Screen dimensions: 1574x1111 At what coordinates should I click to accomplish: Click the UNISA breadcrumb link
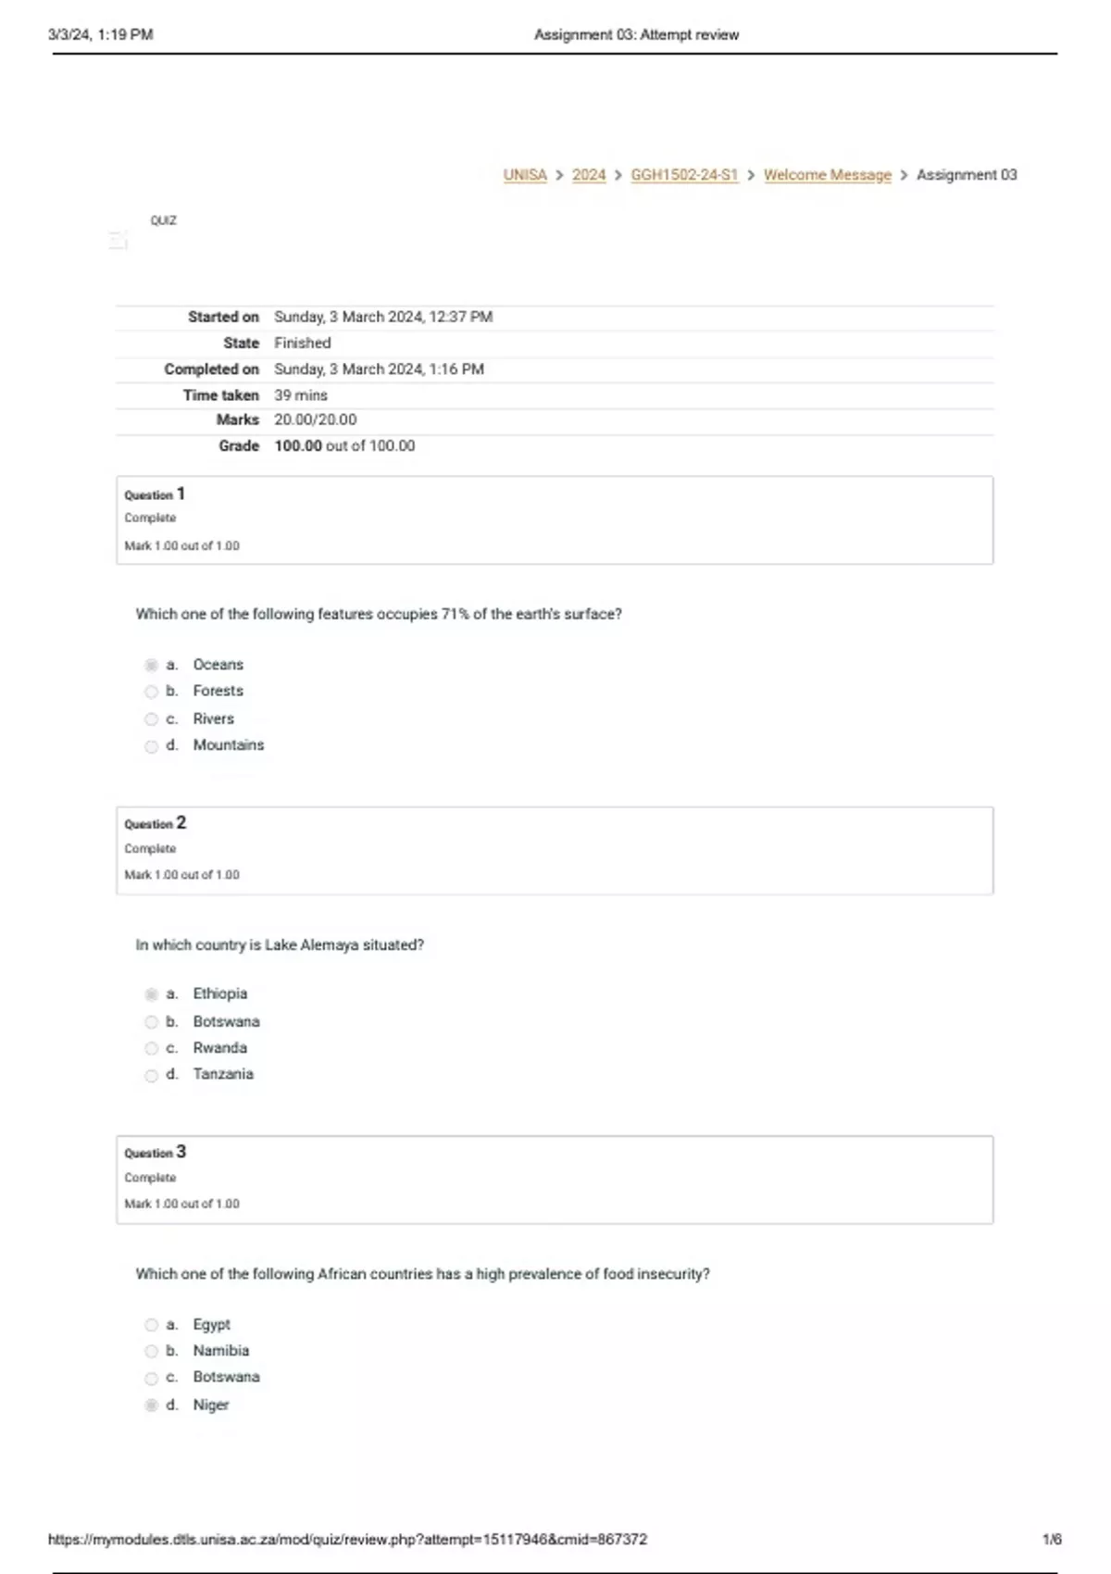525,175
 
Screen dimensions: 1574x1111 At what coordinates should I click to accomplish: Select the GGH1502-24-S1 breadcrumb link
684,175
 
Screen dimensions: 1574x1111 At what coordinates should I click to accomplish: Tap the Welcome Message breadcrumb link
827,175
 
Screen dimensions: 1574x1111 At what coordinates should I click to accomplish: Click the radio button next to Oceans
152,665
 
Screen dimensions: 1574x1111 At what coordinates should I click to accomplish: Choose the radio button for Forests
152,692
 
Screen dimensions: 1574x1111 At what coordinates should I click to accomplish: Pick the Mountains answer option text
228,745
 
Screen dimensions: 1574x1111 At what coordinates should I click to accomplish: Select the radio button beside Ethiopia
152,994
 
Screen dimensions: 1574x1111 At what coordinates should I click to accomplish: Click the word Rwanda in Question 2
219,1048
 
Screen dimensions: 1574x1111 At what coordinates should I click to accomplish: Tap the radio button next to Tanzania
152,1075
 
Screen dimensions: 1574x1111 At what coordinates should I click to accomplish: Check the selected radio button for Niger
152,1405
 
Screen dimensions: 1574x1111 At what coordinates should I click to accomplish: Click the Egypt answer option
211,1325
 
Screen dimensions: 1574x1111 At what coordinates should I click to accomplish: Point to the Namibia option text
220,1351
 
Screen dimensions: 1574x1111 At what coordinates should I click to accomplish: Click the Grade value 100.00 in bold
298,446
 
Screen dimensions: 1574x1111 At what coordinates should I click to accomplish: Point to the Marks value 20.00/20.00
315,420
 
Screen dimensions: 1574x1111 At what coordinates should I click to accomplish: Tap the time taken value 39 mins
300,395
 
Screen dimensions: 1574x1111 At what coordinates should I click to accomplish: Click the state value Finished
302,343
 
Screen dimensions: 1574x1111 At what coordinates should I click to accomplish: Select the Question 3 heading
156,1153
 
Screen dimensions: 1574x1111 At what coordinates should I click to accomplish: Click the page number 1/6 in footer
1052,1540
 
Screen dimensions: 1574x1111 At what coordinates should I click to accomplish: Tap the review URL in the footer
347,1540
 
